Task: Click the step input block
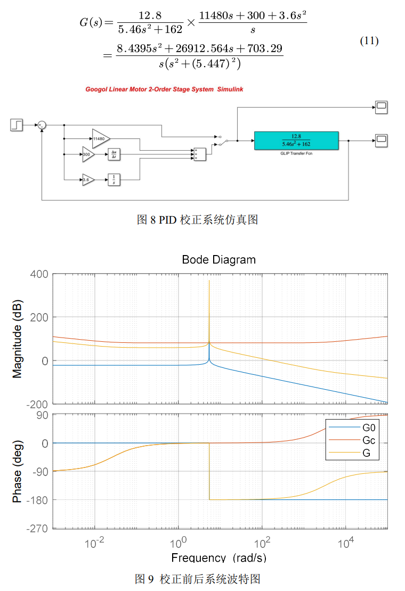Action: pyautogui.click(x=17, y=125)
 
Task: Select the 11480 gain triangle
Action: pyautogui.click(x=100, y=138)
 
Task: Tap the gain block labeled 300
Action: pyautogui.click(x=88, y=154)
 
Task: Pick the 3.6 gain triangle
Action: pyautogui.click(x=88, y=180)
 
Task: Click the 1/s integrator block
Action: pyautogui.click(x=114, y=180)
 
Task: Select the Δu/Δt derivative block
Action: pyautogui.click(x=114, y=154)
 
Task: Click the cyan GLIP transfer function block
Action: pyautogui.click(x=296, y=141)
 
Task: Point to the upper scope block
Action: pyautogui.click(x=382, y=107)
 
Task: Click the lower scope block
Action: pyautogui.click(x=382, y=141)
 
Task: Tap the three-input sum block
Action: pyautogui.click(x=199, y=154)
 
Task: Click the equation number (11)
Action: pyautogui.click(x=369, y=42)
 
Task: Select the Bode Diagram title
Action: pyautogui.click(x=218, y=260)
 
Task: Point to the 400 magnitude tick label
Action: pyautogui.click(x=39, y=274)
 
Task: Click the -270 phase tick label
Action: pyautogui.click(x=37, y=528)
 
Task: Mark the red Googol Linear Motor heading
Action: pyautogui.click(x=164, y=89)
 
